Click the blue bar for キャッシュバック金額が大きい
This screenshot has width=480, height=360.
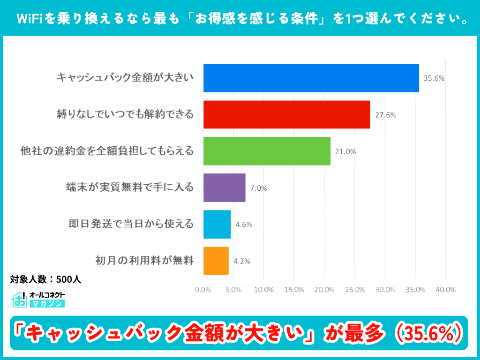point(311,78)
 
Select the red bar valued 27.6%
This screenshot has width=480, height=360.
point(286,114)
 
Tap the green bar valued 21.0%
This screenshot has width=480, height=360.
point(267,151)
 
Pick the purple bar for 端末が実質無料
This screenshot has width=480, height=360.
point(224,188)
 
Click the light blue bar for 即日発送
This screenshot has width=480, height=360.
point(217,225)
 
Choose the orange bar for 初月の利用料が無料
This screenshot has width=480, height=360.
point(216,261)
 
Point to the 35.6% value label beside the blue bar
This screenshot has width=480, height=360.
point(434,78)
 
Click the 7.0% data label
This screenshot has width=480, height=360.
point(258,188)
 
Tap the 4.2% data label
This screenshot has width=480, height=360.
point(241,261)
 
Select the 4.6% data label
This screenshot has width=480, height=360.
point(244,225)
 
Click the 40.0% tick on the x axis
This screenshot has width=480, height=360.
point(445,290)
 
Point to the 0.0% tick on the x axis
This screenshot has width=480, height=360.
point(203,290)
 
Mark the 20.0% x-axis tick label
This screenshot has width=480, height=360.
point(324,290)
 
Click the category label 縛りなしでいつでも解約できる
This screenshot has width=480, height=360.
point(125,114)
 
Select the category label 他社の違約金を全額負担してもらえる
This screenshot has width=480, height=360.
point(107,151)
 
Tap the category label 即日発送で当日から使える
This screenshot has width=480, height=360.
point(131,225)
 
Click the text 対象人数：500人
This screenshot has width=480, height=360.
point(46,279)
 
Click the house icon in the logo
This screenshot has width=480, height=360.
point(19,300)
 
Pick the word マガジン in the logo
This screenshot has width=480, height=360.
point(47,304)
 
